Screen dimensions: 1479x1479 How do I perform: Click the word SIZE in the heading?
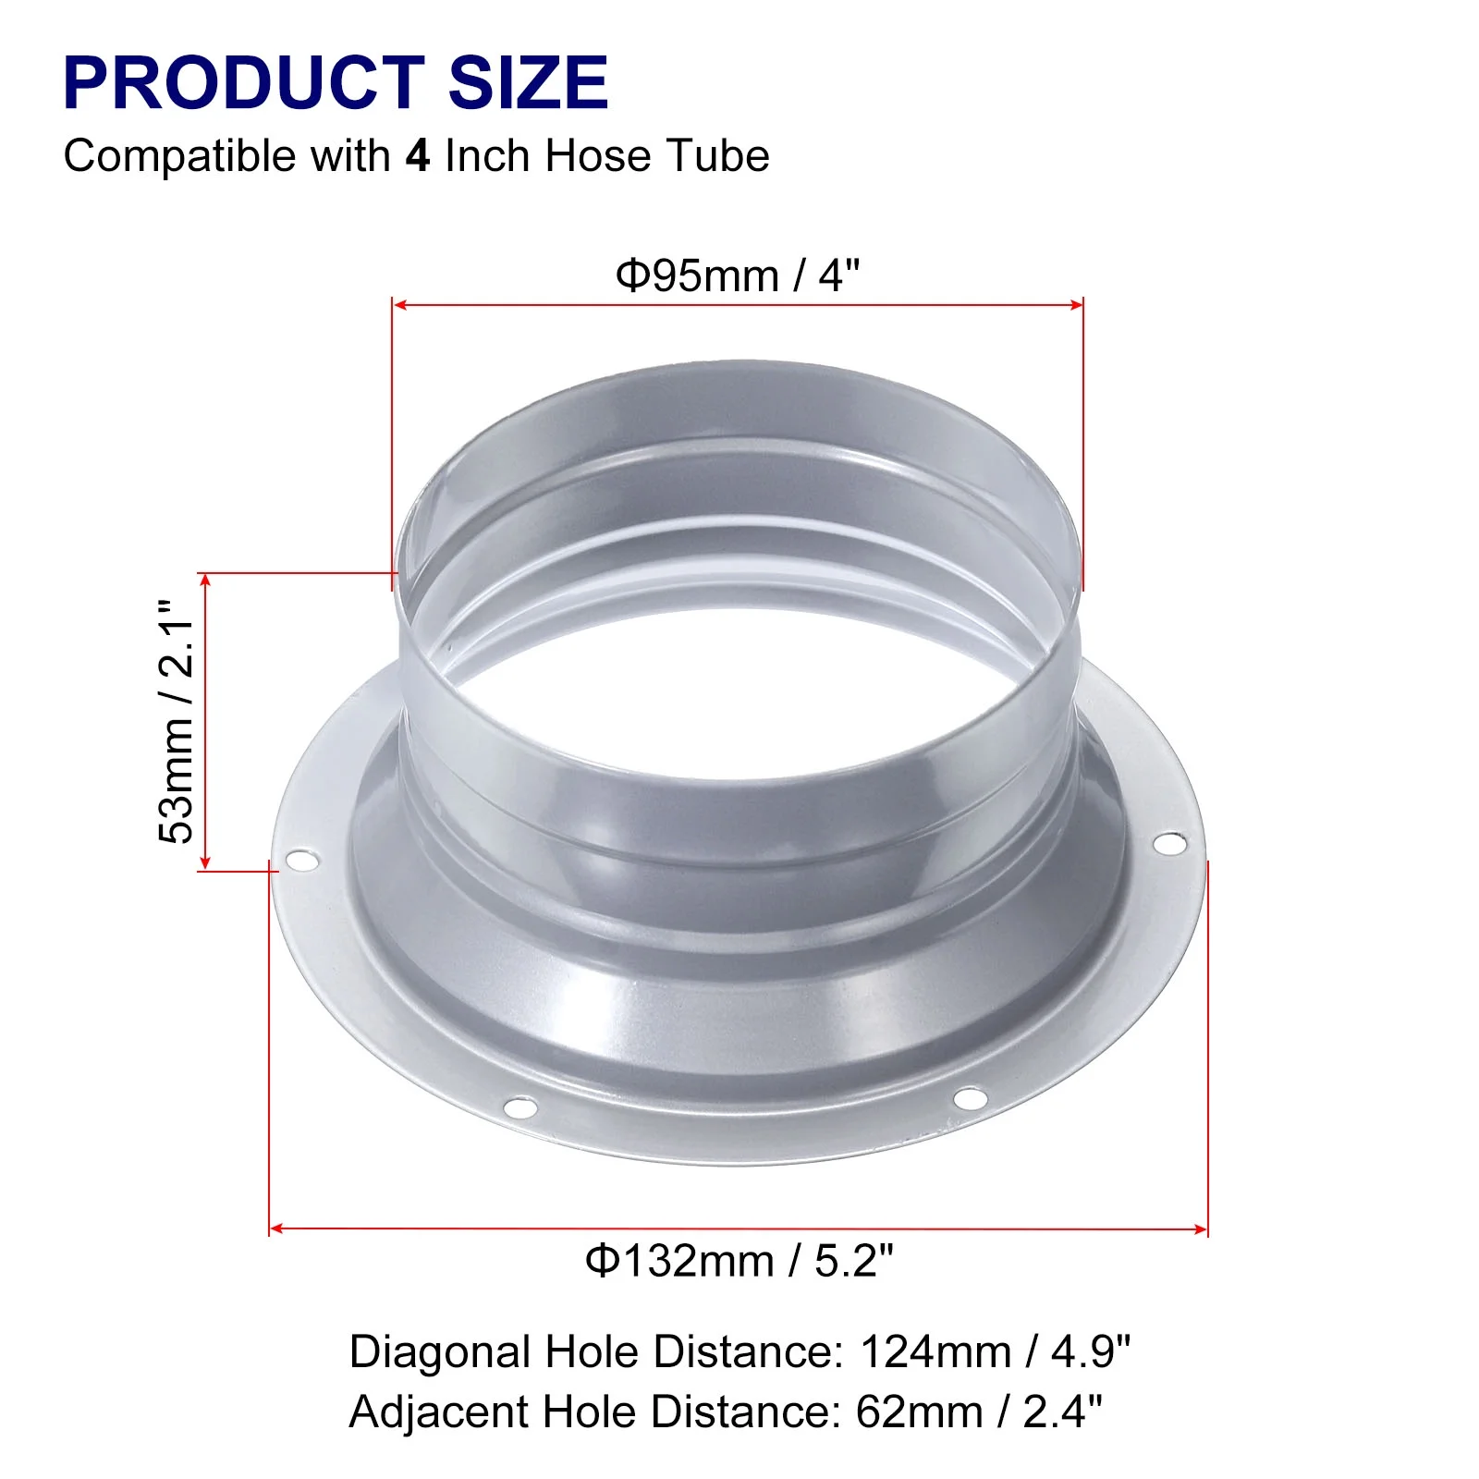click(x=528, y=83)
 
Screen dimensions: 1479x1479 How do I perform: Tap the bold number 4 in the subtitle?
click(x=418, y=155)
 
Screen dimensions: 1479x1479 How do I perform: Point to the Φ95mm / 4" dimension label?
click(x=738, y=275)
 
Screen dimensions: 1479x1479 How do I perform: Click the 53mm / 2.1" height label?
click(x=177, y=721)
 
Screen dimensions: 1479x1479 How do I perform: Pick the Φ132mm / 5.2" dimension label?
click(x=739, y=1261)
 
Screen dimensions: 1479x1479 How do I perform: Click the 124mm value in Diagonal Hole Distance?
click(x=935, y=1352)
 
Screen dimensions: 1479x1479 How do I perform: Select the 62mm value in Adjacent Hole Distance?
click(x=919, y=1412)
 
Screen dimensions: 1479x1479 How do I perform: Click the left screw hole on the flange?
click(x=300, y=862)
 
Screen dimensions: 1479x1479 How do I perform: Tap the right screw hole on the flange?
click(x=1169, y=843)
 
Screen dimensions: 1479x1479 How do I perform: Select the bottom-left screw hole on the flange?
click(x=520, y=1106)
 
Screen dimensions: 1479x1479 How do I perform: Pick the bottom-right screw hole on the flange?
click(x=969, y=1098)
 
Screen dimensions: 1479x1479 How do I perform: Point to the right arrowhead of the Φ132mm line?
click(x=1201, y=1229)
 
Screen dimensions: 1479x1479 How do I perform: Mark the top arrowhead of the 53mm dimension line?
click(x=205, y=580)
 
